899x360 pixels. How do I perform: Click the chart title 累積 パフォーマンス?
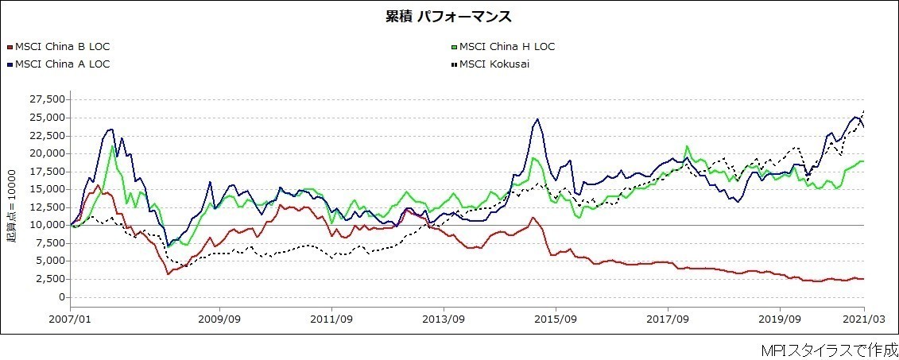click(x=449, y=17)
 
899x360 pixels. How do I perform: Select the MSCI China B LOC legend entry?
click(x=62, y=46)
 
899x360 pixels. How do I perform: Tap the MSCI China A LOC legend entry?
click(x=62, y=64)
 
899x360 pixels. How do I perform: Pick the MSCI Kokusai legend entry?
click(x=494, y=64)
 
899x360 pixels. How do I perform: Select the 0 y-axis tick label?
click(x=62, y=297)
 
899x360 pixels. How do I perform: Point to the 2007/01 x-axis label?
click(x=70, y=319)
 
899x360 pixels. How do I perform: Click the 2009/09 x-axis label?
click(x=219, y=319)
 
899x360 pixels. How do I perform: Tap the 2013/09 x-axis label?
click(x=444, y=319)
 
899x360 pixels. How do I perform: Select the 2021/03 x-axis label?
click(x=863, y=319)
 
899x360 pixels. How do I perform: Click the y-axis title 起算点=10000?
click(x=12, y=206)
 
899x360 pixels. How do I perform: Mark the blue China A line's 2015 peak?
click(x=537, y=119)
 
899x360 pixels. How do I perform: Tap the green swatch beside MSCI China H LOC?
click(x=454, y=47)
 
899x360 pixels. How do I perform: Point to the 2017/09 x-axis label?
click(x=668, y=319)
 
